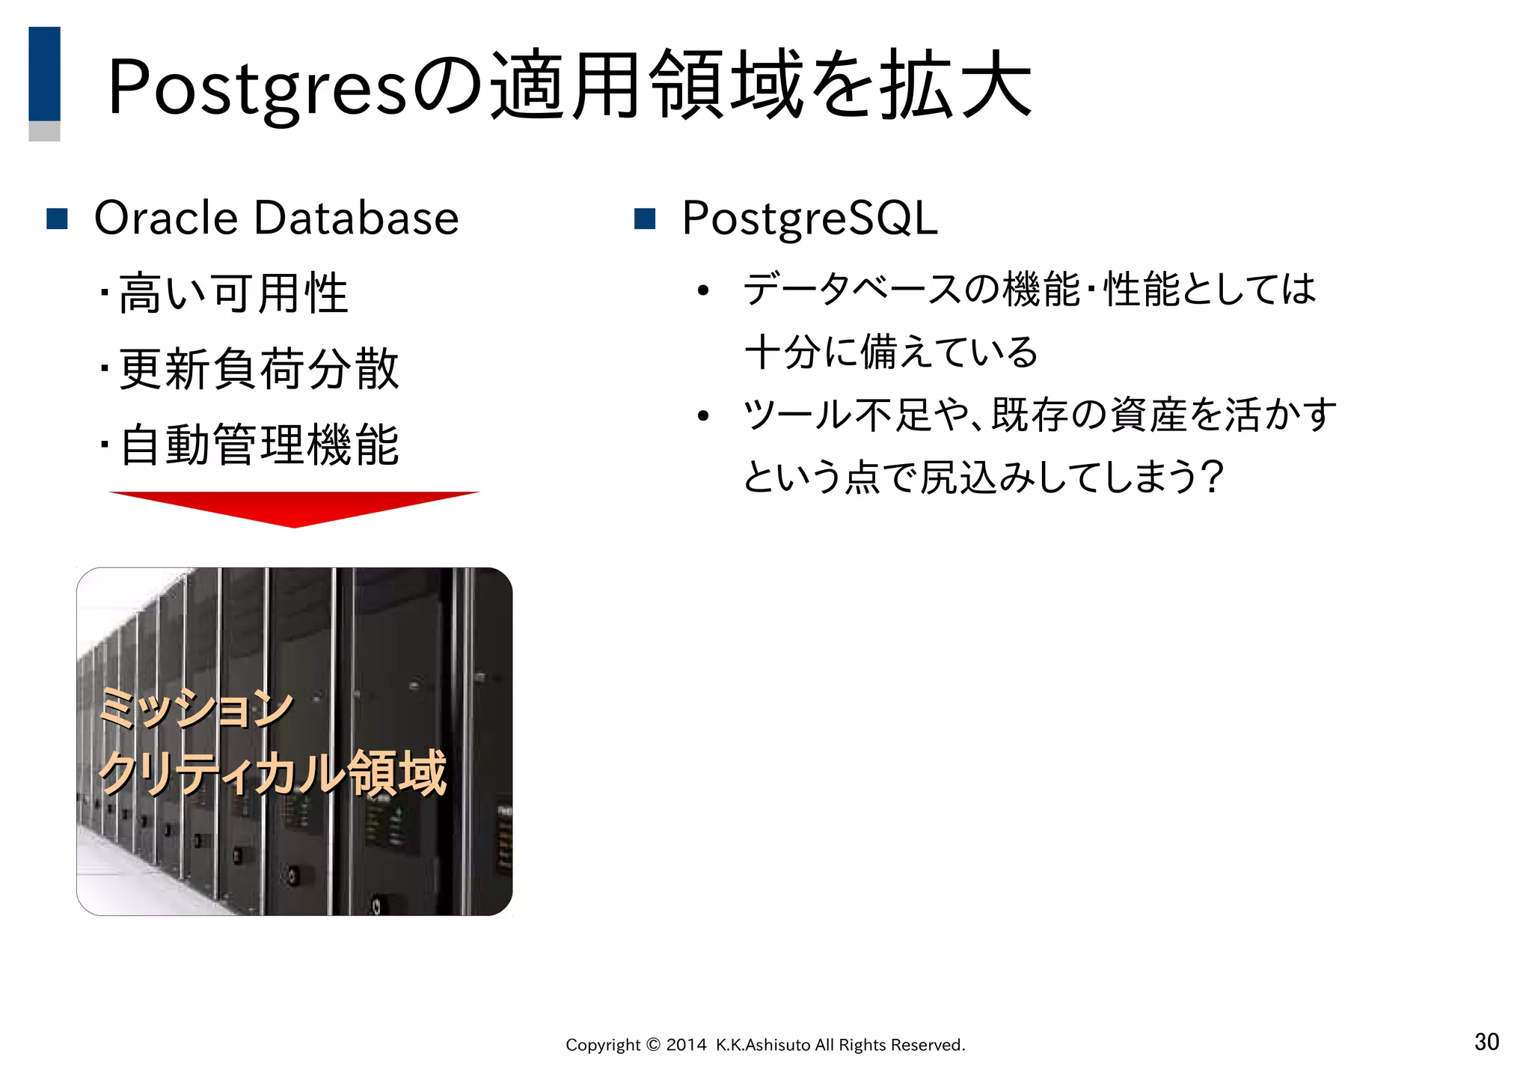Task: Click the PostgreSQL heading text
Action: coord(809,219)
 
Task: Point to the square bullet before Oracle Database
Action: coord(58,219)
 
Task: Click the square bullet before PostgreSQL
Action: coord(644,219)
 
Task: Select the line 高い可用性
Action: coord(233,293)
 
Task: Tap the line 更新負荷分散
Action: coord(258,369)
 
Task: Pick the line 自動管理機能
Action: coord(258,445)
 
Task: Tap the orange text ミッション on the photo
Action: coord(196,707)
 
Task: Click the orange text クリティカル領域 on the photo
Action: coord(272,772)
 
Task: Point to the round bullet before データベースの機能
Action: coord(702,291)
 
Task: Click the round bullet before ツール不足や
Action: coord(702,416)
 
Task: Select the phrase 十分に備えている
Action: coord(891,352)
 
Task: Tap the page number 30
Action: coord(1486,1041)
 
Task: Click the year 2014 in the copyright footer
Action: coord(686,1045)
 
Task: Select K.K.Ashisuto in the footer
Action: coord(763,1045)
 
